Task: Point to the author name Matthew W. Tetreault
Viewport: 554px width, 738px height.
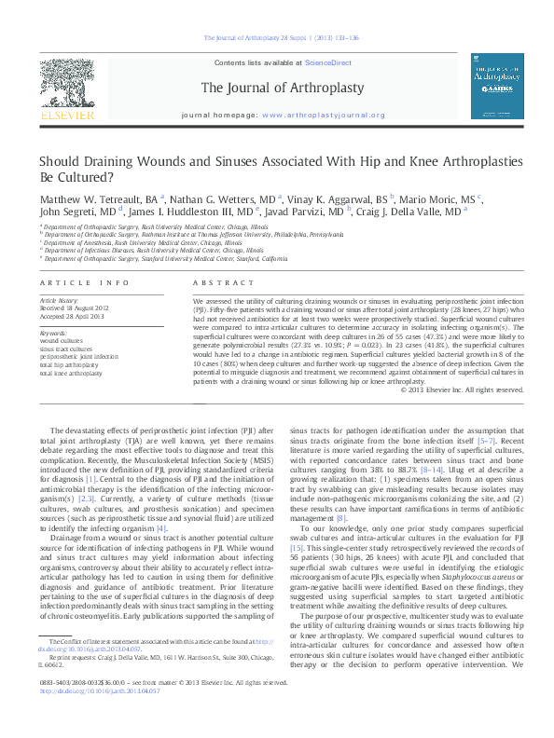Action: pos(96,199)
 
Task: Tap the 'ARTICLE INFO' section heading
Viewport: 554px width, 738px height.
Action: pos(78,280)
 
